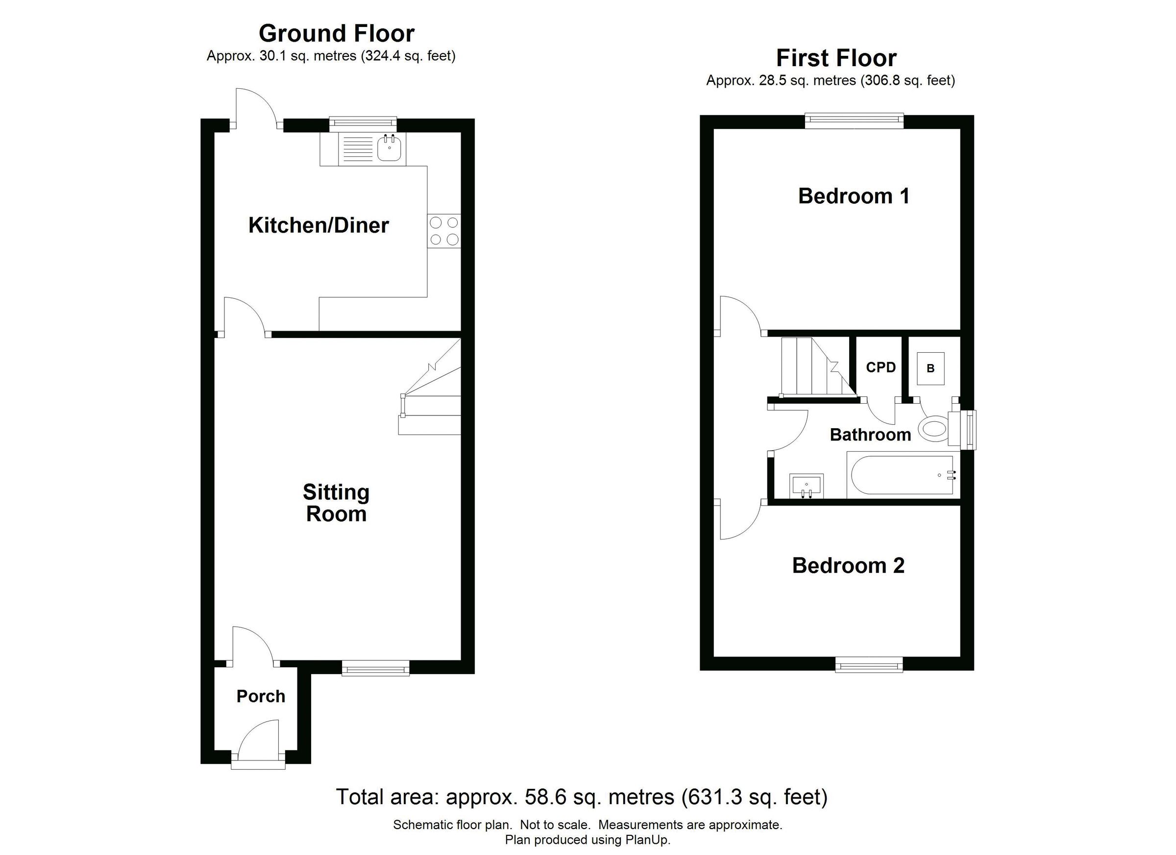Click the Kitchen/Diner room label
tap(318, 225)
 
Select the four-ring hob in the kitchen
tap(444, 231)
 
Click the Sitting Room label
tap(336, 503)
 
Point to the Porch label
tap(261, 696)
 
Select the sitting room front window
tap(375, 669)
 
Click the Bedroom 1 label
tap(854, 196)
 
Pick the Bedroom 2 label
tap(848, 565)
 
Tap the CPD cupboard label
tap(881, 367)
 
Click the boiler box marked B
tap(930, 368)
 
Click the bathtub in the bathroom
tap(902, 475)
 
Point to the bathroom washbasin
tap(807, 486)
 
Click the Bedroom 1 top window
tap(854, 121)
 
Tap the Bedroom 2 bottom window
tap(869, 665)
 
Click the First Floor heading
tap(836, 58)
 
